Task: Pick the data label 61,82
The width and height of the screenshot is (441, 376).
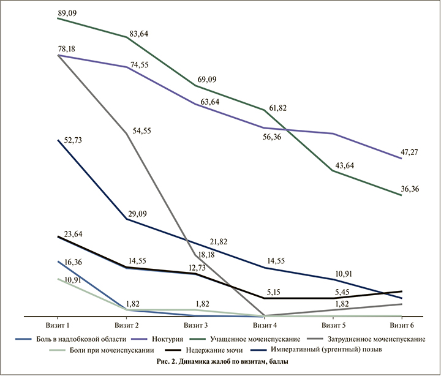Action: point(274,108)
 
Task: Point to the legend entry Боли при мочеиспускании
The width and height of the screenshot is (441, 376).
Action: point(113,351)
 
